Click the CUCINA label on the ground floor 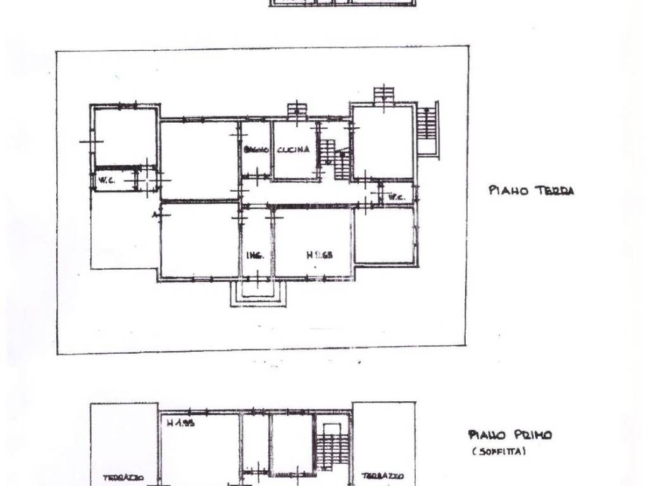(x=294, y=150)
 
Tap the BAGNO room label (x=257, y=150)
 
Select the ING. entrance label (x=255, y=256)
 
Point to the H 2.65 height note (x=320, y=256)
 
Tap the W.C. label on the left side (x=106, y=181)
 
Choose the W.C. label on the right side (x=397, y=197)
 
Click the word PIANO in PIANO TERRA (x=508, y=190)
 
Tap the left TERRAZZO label (x=124, y=478)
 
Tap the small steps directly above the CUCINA (x=296, y=111)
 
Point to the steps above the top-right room (x=383, y=95)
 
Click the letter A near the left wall (x=154, y=215)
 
